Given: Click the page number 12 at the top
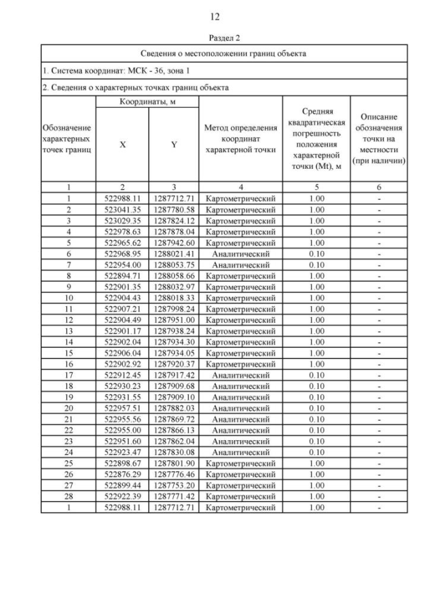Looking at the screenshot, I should coord(214,16).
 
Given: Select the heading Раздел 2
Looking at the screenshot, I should coord(214,38).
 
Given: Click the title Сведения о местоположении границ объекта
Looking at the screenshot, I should coord(223,52).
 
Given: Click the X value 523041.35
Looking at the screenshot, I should coord(122,210).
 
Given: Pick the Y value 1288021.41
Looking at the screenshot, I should coord(173,254).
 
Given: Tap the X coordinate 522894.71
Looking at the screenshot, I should coord(122,276).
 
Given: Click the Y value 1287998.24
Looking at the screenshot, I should coord(173,309).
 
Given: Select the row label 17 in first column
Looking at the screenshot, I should coord(67,375).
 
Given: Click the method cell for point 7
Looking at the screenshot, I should coord(241,265).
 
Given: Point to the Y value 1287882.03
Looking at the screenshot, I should coord(173,408).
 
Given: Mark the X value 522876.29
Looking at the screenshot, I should coord(122,474).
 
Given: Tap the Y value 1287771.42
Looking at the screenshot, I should coord(173,496).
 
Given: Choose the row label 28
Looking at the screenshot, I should coord(67,496).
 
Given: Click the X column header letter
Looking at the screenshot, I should coord(122,144).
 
